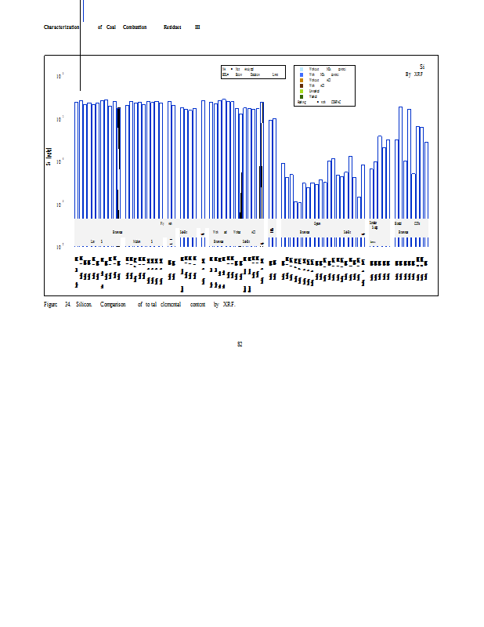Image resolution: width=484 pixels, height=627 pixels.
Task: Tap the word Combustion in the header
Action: tap(135, 27)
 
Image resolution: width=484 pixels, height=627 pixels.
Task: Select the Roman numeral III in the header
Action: tap(197, 27)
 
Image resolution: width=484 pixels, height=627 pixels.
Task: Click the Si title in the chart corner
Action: tap(422, 67)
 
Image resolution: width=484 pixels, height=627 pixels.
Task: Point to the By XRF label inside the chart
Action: tap(414, 74)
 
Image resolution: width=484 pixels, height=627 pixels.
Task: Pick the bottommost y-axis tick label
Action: tap(60, 248)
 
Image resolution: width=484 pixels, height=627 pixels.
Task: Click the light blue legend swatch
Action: tap(301, 69)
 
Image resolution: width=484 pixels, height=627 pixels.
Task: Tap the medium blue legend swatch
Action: tap(301, 74)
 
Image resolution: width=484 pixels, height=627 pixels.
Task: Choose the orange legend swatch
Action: tap(301, 80)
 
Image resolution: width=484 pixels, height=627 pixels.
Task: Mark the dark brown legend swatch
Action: tap(301, 85)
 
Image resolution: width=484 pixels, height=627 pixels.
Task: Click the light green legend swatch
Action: tap(301, 91)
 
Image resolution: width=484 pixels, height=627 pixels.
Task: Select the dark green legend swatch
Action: tap(301, 96)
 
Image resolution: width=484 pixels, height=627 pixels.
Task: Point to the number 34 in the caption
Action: tap(68, 304)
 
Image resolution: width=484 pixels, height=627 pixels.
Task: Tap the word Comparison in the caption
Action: tap(113, 304)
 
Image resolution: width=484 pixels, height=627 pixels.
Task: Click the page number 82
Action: tap(240, 344)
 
